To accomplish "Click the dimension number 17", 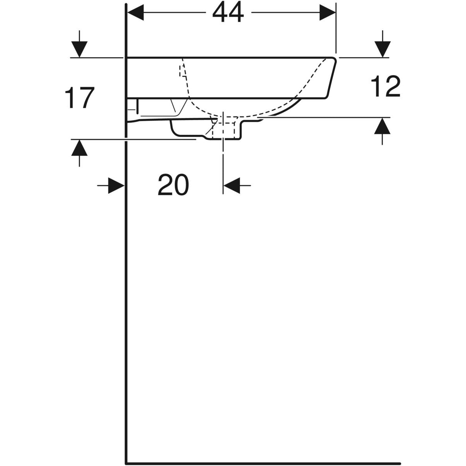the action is click(80, 98).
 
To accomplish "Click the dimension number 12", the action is click(386, 86).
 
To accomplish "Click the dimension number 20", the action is click(173, 184).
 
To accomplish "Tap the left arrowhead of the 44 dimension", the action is click(136, 12).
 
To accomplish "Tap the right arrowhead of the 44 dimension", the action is click(328, 12).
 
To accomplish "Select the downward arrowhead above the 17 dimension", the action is click(79, 49).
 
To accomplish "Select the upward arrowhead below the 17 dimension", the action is click(79, 148).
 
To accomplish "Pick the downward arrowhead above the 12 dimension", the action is click(383, 49).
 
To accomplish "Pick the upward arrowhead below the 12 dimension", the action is click(382, 126).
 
